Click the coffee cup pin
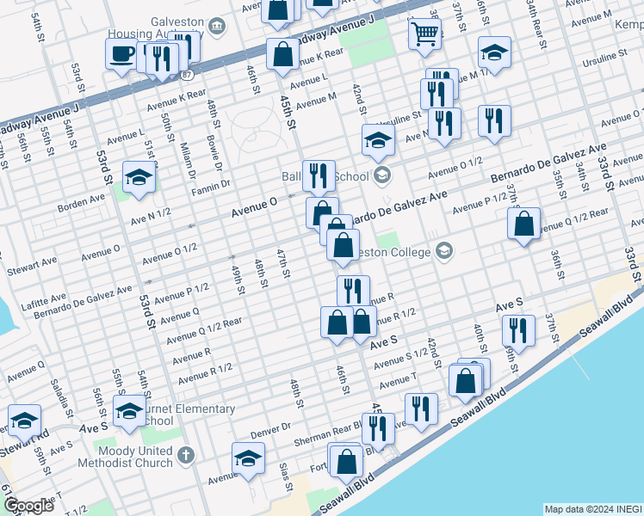click(x=121, y=54)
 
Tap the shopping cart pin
click(x=424, y=34)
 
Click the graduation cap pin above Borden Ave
click(x=139, y=177)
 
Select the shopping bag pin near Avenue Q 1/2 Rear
click(x=523, y=224)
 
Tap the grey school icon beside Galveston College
click(x=444, y=250)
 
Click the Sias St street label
click(x=283, y=474)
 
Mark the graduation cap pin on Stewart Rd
click(x=24, y=421)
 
